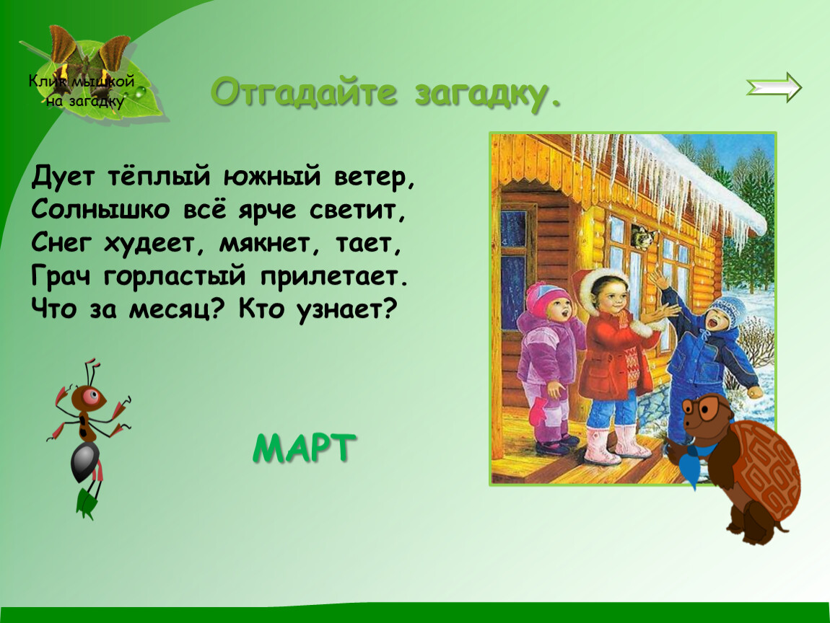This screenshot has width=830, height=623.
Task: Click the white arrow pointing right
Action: [x=774, y=87]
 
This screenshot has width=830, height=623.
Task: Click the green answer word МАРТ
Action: [x=305, y=449]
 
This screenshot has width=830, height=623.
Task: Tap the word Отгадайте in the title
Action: [x=304, y=92]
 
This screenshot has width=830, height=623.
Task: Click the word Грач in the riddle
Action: [x=61, y=276]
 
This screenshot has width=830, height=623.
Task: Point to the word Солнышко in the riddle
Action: [x=100, y=210]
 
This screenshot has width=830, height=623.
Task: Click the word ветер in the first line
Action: [x=374, y=177]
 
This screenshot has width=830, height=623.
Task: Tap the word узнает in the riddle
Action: [x=346, y=310]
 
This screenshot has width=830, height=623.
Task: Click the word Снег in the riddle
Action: [x=61, y=243]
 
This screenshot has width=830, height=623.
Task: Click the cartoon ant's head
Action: [x=89, y=397]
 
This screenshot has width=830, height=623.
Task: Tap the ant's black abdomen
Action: [x=85, y=461]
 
